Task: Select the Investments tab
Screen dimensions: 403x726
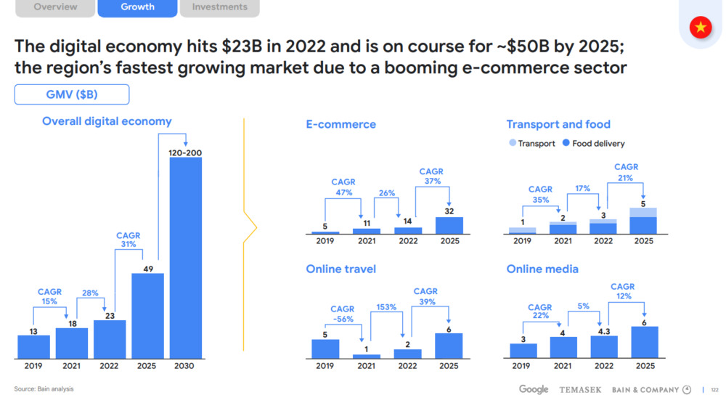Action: tap(219, 7)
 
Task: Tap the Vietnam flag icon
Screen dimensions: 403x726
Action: tap(701, 28)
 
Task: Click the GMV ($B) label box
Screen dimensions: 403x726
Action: tap(72, 95)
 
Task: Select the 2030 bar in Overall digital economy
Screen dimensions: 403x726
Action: tap(186, 258)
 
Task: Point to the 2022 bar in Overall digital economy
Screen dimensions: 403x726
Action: tap(110, 339)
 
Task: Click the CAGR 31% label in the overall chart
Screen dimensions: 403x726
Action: tap(129, 240)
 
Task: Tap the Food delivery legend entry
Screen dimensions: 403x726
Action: tap(593, 144)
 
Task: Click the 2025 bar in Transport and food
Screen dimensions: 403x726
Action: tap(643, 221)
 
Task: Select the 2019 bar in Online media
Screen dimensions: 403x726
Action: tap(523, 351)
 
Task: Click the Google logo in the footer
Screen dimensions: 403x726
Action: tap(534, 390)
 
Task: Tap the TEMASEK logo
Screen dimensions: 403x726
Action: tap(580, 390)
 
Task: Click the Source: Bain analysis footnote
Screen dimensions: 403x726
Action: tap(44, 389)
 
